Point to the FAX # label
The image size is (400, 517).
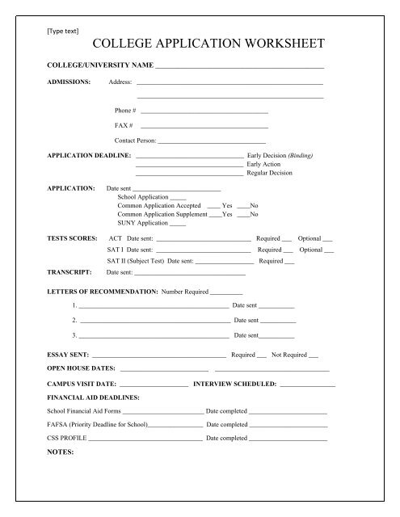124,125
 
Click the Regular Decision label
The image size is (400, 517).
270,173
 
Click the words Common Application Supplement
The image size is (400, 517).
162,215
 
